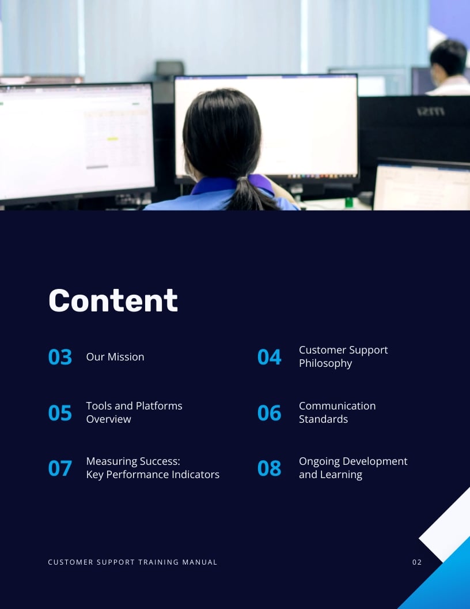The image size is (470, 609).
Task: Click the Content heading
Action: click(x=113, y=300)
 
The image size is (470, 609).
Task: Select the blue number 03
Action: click(x=60, y=357)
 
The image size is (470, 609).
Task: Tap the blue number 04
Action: click(x=269, y=357)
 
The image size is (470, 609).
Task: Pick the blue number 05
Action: click(x=60, y=413)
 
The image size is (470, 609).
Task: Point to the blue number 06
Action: click(x=269, y=413)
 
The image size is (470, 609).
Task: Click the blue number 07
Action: click(x=60, y=468)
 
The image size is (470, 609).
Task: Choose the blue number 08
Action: click(x=269, y=468)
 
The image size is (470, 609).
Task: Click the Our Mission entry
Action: click(x=115, y=357)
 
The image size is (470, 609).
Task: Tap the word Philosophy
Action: click(x=325, y=363)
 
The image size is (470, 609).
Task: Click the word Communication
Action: click(x=337, y=406)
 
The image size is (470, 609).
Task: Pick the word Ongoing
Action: click(x=319, y=461)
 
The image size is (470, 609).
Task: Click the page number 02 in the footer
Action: click(x=417, y=562)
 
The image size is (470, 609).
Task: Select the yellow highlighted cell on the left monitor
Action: click(x=112, y=139)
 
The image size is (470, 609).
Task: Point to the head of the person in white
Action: click(x=448, y=58)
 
